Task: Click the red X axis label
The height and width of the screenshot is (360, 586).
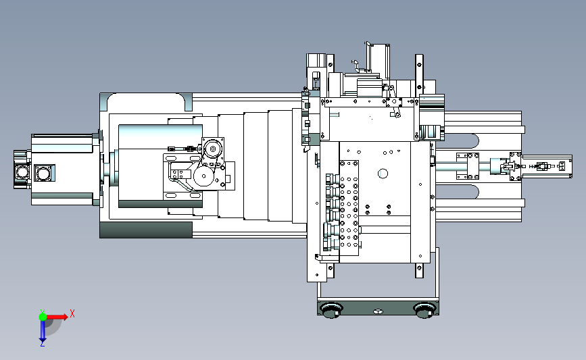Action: pyautogui.click(x=72, y=313)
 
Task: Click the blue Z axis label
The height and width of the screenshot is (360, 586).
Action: pyautogui.click(x=42, y=344)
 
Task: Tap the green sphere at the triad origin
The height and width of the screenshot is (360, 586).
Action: pyautogui.click(x=43, y=317)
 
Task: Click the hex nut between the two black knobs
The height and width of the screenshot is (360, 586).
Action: pyautogui.click(x=378, y=311)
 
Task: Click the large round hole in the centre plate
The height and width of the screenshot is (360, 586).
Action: pyautogui.click(x=383, y=174)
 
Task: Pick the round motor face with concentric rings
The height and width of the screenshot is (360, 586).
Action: pyautogui.click(x=213, y=149)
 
